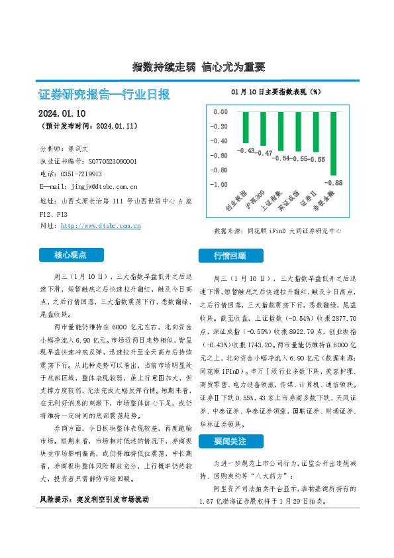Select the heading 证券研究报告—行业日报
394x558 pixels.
point(105,94)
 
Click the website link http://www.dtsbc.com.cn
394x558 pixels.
point(100,226)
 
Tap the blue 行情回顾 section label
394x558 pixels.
point(229,255)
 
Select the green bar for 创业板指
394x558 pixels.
point(246,127)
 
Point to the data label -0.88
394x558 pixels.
point(334,182)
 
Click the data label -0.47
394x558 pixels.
point(265,153)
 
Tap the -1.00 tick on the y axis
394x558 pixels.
point(219,184)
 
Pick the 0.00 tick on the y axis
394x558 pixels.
point(221,112)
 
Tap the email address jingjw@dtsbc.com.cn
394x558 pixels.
point(100,187)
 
